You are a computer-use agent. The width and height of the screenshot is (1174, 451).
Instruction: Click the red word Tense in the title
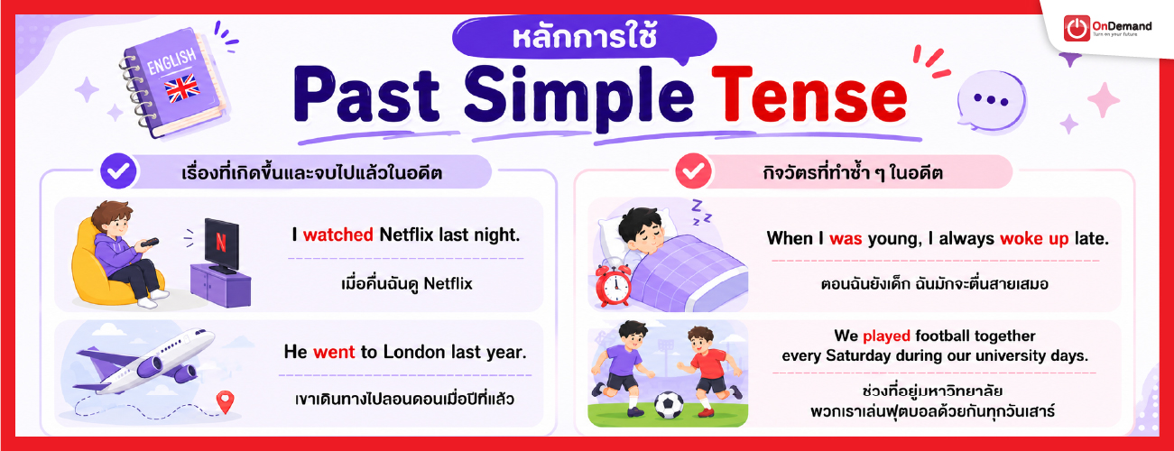[809, 96]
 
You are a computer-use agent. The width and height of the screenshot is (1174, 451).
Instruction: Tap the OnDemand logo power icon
[1077, 28]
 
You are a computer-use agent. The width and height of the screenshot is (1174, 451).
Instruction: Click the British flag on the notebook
[182, 87]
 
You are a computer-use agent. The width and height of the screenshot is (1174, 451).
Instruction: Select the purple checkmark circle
[118, 170]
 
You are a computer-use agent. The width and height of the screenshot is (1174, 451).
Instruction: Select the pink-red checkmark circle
[693, 170]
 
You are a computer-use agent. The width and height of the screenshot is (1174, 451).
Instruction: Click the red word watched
[338, 235]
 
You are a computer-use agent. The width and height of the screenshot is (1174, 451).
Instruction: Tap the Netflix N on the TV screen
[221, 243]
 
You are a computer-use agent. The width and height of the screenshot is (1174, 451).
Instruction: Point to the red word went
[334, 352]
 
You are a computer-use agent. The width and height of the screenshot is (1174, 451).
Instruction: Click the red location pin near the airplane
[226, 402]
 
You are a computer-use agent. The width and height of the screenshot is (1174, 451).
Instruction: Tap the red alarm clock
[614, 285]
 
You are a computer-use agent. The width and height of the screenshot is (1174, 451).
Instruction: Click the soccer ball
[669, 406]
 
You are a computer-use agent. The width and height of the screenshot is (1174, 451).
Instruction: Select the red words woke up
[1034, 239]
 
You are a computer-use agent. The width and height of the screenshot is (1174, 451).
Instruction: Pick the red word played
[886, 336]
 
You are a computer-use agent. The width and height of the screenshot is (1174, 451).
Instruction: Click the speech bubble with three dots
[991, 100]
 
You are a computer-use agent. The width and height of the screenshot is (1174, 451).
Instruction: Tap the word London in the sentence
[413, 352]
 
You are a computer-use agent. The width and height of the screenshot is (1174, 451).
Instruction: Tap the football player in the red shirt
[707, 370]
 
